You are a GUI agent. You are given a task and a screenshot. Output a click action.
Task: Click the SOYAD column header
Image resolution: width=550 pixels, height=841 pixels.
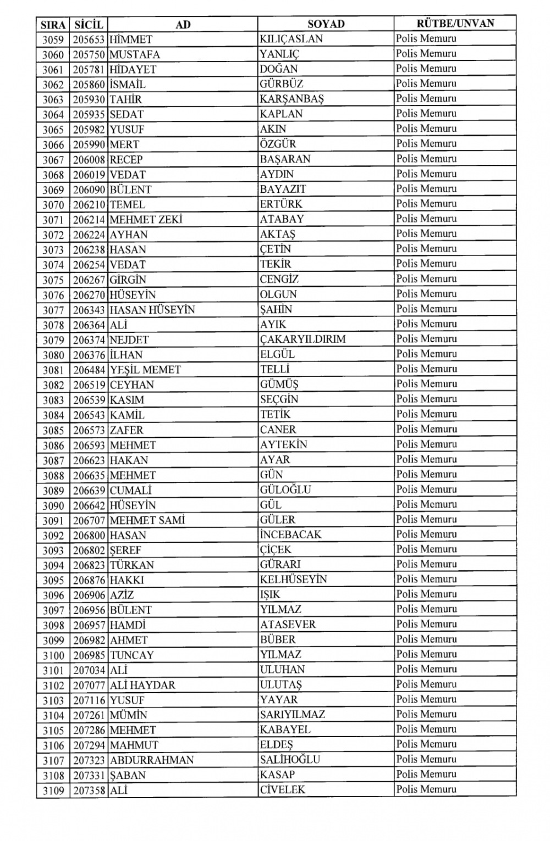point(326,24)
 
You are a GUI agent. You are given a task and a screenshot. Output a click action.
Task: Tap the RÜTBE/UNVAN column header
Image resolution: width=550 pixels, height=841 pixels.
point(455,24)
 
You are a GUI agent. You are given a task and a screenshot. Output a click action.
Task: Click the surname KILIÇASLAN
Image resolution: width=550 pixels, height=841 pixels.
point(291,39)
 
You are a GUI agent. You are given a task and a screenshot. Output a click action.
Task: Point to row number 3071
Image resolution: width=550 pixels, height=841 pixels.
point(53,220)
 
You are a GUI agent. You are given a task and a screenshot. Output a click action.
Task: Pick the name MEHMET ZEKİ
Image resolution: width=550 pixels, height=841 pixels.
point(146,219)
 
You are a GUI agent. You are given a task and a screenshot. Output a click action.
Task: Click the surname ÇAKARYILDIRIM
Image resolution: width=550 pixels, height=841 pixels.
point(302,339)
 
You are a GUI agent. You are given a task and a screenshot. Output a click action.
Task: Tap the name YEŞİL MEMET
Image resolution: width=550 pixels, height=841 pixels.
point(145,370)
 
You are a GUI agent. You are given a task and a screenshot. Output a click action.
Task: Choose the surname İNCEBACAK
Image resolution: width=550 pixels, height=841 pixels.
point(290,534)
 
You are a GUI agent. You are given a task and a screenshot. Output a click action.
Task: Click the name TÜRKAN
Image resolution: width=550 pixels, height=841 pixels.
point(132,565)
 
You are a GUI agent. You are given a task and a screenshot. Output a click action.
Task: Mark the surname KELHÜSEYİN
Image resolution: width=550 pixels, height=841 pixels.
point(293,579)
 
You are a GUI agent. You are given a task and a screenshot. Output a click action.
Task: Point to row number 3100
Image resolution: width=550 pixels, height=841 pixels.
point(53,655)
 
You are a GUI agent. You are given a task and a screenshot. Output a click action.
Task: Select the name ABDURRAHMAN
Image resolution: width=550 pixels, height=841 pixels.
point(152,760)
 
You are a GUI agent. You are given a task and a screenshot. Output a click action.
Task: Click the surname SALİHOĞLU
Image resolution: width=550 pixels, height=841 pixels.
point(290,759)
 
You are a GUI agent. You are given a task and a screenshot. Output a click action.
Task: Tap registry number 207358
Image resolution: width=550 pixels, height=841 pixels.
point(89,790)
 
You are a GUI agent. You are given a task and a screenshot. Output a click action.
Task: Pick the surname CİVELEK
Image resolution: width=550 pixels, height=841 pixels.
point(283,789)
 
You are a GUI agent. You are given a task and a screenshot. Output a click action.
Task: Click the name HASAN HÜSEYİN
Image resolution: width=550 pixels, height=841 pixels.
point(152,310)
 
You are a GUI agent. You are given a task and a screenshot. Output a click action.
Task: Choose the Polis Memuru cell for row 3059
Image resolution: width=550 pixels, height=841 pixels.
point(426,38)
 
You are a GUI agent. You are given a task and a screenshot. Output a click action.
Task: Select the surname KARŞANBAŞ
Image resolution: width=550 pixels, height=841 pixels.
point(291,99)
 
